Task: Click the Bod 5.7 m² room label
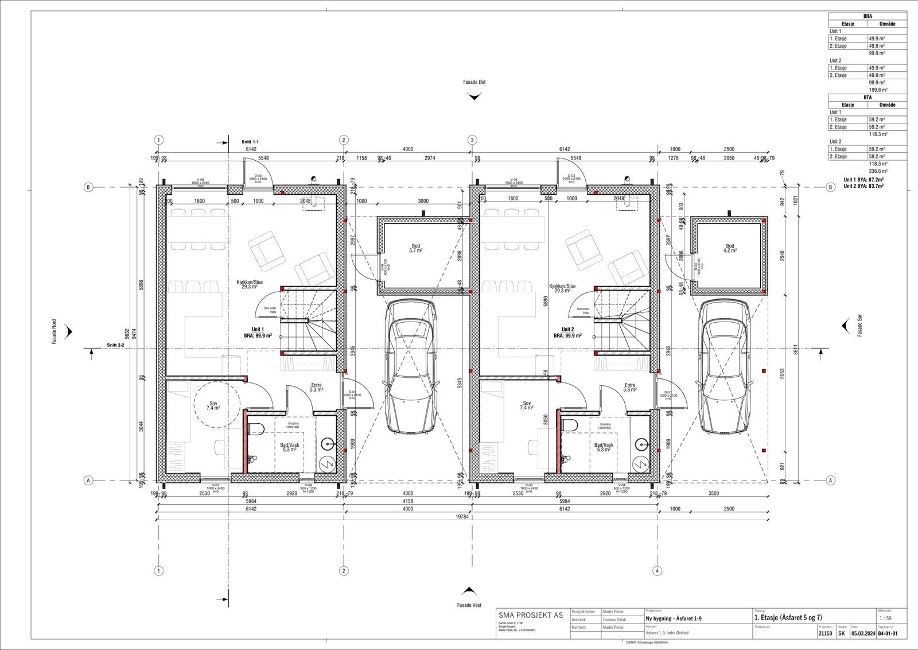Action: (415, 249)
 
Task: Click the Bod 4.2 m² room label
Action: (729, 248)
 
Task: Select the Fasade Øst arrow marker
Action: (474, 96)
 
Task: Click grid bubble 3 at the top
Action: (472, 140)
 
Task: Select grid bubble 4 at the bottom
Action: (658, 571)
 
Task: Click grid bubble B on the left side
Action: (88, 187)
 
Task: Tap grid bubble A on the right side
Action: (830, 480)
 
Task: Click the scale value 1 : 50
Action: (885, 618)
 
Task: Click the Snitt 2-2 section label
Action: (115, 346)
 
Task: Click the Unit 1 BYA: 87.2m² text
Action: (863, 180)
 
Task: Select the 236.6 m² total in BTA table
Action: (878, 171)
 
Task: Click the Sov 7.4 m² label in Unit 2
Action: (527, 405)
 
